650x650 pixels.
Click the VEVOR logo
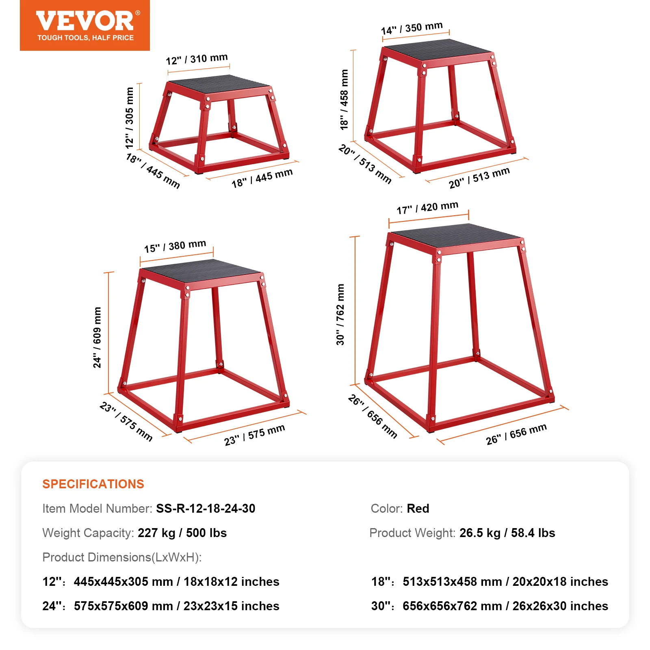(85, 21)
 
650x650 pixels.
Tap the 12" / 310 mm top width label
(197, 59)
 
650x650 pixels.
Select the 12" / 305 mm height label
(130, 117)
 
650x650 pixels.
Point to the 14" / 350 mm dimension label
(412, 28)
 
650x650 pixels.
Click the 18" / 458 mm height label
(344, 100)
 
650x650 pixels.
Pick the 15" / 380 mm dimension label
(175, 246)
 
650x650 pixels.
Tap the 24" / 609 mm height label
(97, 337)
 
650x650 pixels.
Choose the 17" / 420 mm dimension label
(427, 208)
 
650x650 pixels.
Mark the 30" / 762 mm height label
(340, 314)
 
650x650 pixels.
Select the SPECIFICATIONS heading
(93, 484)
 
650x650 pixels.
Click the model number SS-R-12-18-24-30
(206, 508)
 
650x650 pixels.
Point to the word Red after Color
(418, 508)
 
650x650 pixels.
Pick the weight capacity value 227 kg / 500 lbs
(182, 533)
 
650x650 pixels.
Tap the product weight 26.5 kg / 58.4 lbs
(507, 533)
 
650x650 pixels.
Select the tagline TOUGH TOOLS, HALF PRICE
(85, 38)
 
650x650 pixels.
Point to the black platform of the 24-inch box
(201, 270)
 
